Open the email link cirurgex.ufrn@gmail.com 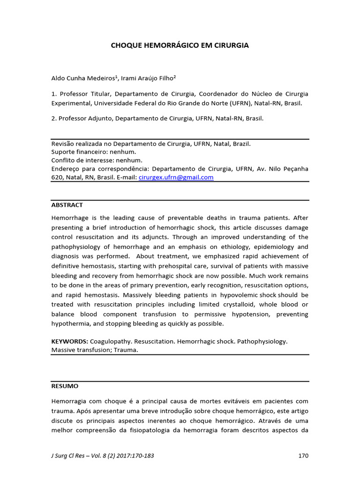(x=176, y=177)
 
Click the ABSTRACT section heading (x=67, y=205)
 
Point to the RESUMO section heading (x=65, y=386)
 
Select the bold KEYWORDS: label (x=69, y=341)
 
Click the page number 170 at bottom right (x=303, y=455)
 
